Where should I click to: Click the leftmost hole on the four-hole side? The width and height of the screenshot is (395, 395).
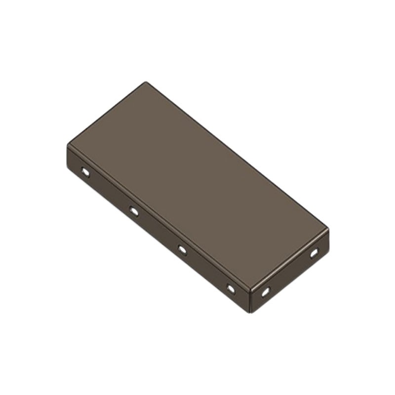coord(85,172)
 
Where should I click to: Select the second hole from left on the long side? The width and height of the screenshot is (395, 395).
coord(134,211)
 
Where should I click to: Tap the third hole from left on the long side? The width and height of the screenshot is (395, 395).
coord(182,250)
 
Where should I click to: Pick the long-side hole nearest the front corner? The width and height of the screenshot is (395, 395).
coord(231,288)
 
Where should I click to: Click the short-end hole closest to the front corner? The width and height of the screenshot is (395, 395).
coord(266,292)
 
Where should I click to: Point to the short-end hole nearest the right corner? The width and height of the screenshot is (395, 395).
coord(314,253)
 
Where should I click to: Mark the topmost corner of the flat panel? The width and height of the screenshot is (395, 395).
coord(146,82)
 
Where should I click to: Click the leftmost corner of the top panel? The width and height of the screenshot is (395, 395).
coord(68,145)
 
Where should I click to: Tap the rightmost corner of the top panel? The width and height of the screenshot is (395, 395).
coord(328,229)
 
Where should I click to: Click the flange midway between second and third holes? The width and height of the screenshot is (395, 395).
coord(158,231)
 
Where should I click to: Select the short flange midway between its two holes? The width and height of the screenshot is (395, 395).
coord(290,273)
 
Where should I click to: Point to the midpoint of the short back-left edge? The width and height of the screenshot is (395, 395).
coord(107,114)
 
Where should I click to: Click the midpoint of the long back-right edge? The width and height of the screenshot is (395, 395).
coord(237,156)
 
